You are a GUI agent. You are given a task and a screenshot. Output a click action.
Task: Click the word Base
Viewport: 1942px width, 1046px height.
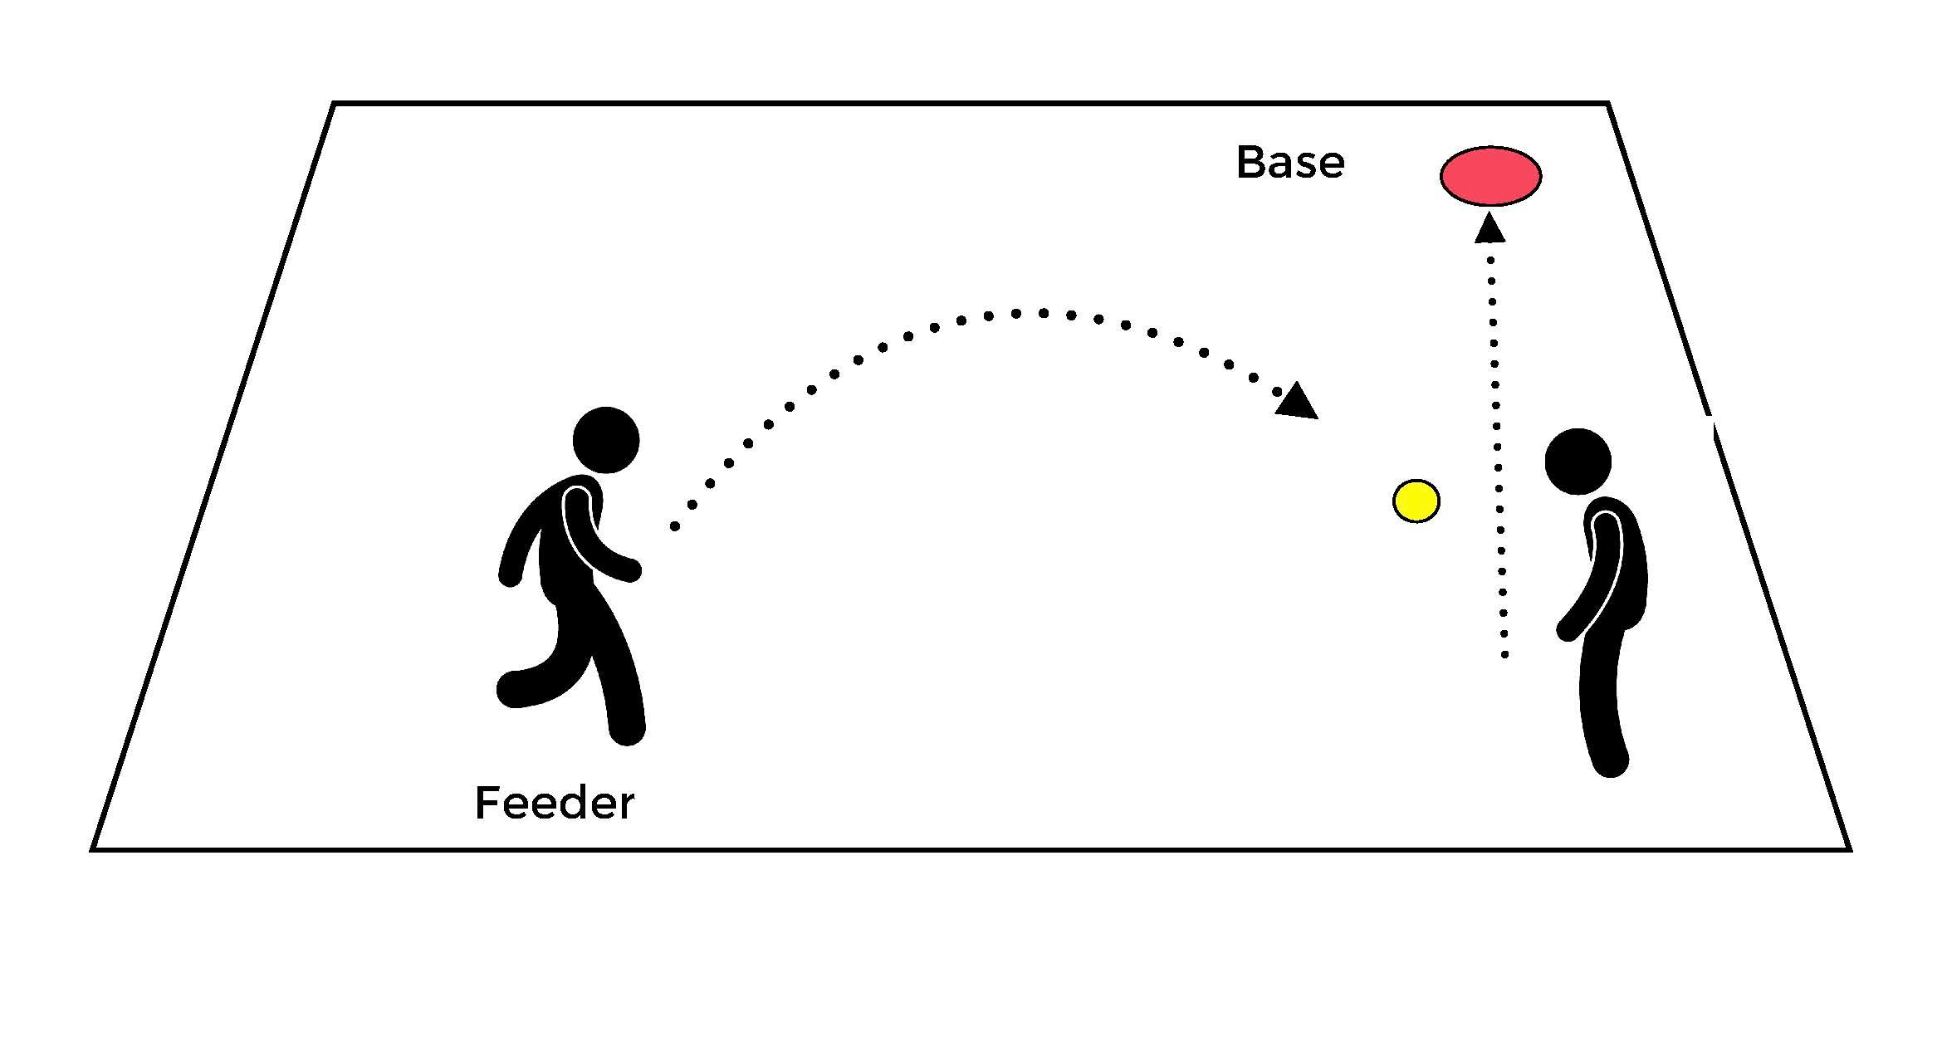coord(1289,163)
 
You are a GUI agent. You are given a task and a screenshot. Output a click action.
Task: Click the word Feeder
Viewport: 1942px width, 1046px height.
coord(554,804)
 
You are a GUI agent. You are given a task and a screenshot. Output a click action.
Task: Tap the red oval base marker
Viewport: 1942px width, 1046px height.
coord(1490,176)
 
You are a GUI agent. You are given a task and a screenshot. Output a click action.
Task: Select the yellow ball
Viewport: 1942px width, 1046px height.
coord(1416,501)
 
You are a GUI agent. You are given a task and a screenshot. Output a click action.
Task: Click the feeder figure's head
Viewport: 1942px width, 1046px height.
coord(606,440)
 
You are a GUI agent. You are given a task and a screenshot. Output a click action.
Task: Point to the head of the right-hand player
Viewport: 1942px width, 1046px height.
coord(1578,462)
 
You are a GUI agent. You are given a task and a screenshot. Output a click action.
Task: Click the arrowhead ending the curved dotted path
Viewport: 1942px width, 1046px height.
coord(1297,401)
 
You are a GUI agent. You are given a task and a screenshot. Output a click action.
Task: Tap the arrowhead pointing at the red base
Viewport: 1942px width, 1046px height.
coord(1490,227)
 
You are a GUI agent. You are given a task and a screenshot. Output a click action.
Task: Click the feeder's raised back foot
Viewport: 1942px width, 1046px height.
coord(511,689)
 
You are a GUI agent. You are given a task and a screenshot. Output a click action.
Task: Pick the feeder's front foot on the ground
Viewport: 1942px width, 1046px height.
coord(628,731)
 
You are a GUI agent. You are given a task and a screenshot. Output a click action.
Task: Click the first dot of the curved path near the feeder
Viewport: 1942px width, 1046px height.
coord(674,526)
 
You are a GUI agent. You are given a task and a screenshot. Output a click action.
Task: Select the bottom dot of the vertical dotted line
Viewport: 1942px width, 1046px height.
coord(1504,656)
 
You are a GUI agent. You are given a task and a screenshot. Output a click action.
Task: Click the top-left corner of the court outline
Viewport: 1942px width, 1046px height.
coord(334,104)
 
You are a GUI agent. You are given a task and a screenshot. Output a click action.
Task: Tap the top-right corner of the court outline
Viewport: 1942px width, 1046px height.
coord(1608,104)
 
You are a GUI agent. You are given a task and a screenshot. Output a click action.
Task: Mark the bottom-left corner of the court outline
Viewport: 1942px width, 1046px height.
coord(93,848)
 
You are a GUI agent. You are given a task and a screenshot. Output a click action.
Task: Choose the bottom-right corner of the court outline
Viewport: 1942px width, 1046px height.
coord(1849,848)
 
